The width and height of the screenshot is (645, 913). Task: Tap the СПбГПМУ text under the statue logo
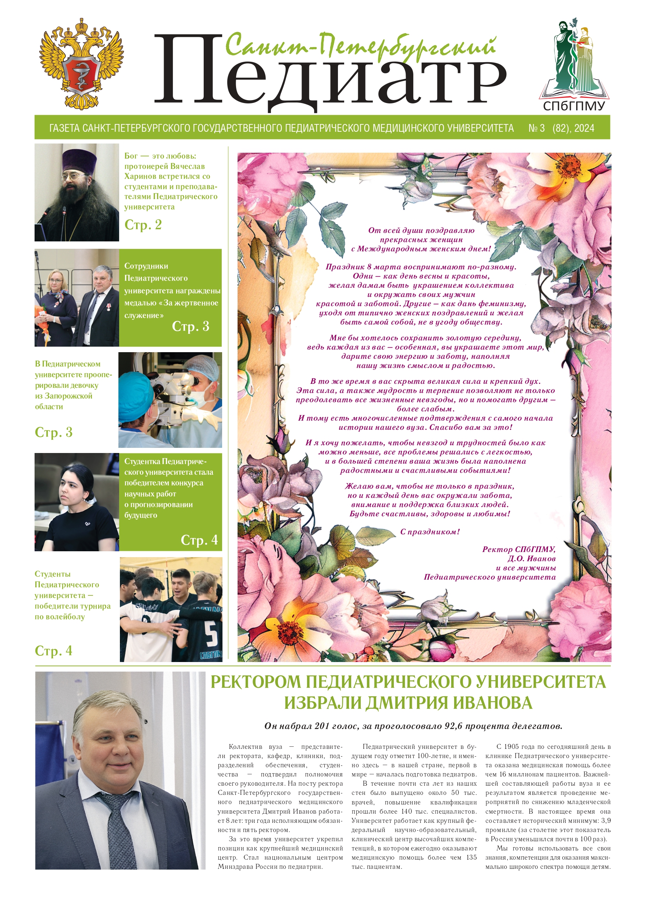(x=574, y=106)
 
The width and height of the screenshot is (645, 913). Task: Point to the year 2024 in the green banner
(x=584, y=128)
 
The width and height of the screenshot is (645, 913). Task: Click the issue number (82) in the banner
(x=561, y=128)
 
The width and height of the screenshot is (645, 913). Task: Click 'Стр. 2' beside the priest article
(x=143, y=225)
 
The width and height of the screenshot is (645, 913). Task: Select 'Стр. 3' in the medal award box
(x=190, y=326)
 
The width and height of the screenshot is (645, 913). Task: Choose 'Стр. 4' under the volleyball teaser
(x=54, y=651)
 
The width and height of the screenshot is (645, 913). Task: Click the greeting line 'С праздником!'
(x=430, y=532)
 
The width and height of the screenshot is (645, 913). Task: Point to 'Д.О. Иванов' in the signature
(x=531, y=558)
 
